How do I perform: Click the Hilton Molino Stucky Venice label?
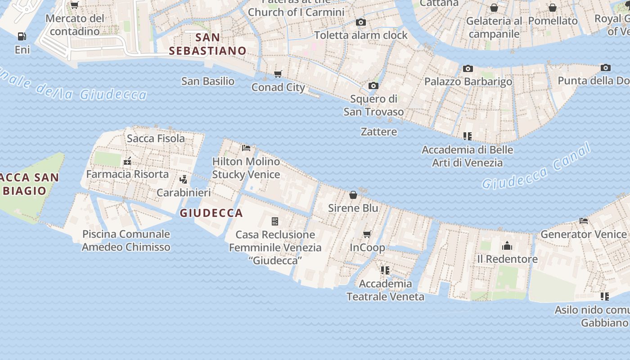point(246,168)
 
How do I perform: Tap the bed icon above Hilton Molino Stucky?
point(246,148)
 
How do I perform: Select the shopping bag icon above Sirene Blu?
point(353,195)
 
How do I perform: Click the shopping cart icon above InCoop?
point(367,234)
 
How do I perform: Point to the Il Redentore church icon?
point(507,246)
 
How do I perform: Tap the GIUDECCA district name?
point(211,213)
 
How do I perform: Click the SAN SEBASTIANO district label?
point(207,44)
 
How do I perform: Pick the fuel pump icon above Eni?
point(22,36)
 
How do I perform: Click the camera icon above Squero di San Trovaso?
point(373,85)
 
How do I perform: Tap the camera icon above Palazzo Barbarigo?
point(468,69)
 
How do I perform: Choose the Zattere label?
point(379,132)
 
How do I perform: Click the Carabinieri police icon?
point(183,180)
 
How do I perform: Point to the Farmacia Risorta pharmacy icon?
point(127,161)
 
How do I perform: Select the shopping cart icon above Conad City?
point(278,74)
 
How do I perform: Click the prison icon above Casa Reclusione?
point(275,221)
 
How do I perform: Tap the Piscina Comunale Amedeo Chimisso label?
point(126,240)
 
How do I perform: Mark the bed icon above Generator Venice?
point(584,221)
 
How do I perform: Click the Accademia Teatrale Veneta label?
point(385,290)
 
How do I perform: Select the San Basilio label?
point(208,81)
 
